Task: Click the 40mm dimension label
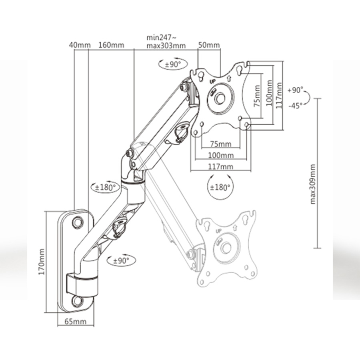(80, 45)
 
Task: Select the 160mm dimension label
(111, 45)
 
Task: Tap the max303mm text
(166, 46)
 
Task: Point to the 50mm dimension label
(209, 45)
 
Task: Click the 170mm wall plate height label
(42, 262)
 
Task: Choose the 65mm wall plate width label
(75, 322)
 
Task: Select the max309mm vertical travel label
(313, 184)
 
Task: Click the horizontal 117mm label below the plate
(220, 166)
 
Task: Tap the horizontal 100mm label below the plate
(221, 156)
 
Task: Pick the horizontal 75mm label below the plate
(221, 144)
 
